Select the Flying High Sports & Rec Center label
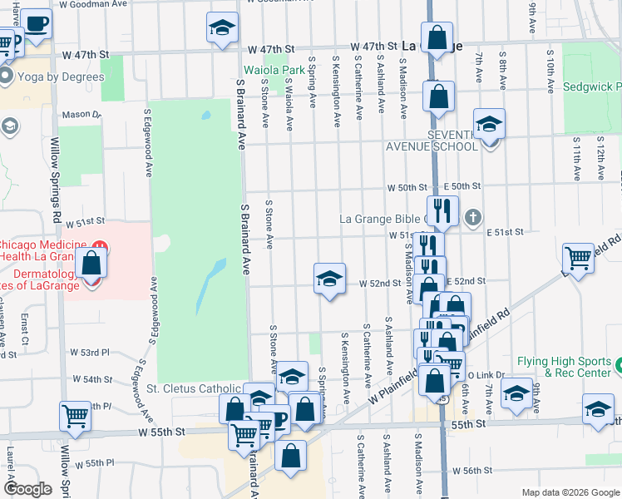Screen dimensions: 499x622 564,367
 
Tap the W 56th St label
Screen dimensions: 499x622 477,471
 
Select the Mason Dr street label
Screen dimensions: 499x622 80,115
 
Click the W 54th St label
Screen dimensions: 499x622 92,379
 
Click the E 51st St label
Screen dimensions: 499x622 506,232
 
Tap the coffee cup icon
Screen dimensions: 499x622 35,24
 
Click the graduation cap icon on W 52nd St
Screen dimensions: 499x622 329,279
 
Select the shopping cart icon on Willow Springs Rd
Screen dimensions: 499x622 75,415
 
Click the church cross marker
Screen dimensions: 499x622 473,220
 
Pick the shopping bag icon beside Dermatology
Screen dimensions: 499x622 91,264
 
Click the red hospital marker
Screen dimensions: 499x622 98,247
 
